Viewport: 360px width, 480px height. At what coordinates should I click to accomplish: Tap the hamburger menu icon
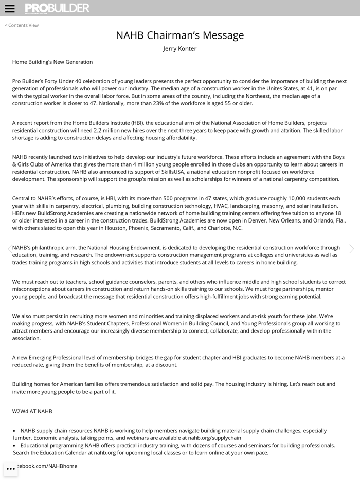coord(10,9)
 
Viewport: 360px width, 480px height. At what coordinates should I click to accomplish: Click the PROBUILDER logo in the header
coord(57,8)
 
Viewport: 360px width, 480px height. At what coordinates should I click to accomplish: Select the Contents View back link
coord(22,25)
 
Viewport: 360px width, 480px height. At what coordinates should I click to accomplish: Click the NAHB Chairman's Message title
coord(179,35)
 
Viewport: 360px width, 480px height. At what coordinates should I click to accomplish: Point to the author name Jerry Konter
coord(179,49)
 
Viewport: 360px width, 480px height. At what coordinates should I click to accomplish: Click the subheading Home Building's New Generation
coord(52,62)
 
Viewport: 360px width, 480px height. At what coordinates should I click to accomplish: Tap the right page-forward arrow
coord(351,249)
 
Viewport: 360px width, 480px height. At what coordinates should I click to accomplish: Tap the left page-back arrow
coord(9,249)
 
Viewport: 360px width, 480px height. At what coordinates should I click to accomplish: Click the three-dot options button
coord(11,469)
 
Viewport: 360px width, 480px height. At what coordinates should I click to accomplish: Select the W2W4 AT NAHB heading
coord(32,411)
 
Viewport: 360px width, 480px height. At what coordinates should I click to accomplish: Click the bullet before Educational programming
coord(14,446)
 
